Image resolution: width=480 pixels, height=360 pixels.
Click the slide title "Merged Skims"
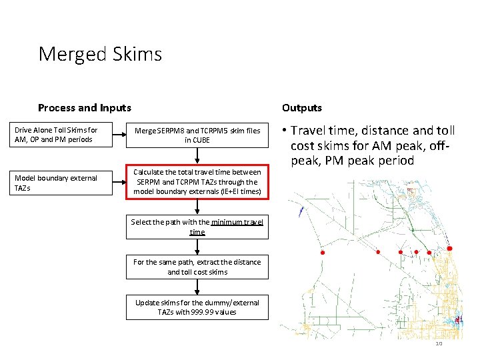[x=100, y=53]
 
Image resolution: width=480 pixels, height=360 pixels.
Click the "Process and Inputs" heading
[x=85, y=107]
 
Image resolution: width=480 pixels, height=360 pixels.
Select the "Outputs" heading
[x=301, y=107]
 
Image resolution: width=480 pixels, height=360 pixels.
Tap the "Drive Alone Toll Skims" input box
[x=64, y=135]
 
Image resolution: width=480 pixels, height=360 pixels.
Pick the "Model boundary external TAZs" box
[x=64, y=183]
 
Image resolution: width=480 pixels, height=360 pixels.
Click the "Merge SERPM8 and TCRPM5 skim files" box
[x=197, y=135]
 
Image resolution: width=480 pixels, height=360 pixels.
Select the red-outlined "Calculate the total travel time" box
[x=197, y=182]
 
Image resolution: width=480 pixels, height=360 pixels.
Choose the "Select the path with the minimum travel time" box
[x=197, y=227]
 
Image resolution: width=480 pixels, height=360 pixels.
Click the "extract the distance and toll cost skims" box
[x=197, y=267]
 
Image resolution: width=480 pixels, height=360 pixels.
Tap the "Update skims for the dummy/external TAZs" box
[x=197, y=307]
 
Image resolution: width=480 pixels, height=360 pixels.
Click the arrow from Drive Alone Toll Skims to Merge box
[x=120, y=135]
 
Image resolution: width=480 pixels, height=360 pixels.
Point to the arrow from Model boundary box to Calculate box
[x=120, y=183]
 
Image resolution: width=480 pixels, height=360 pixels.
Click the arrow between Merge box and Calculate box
[x=197, y=156]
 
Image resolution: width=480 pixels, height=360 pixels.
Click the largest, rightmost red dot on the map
[x=449, y=249]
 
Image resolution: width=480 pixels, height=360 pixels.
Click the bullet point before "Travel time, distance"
[x=284, y=130]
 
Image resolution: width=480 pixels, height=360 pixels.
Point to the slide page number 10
[x=439, y=343]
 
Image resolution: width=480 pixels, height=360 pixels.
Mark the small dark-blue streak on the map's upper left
[x=301, y=212]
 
